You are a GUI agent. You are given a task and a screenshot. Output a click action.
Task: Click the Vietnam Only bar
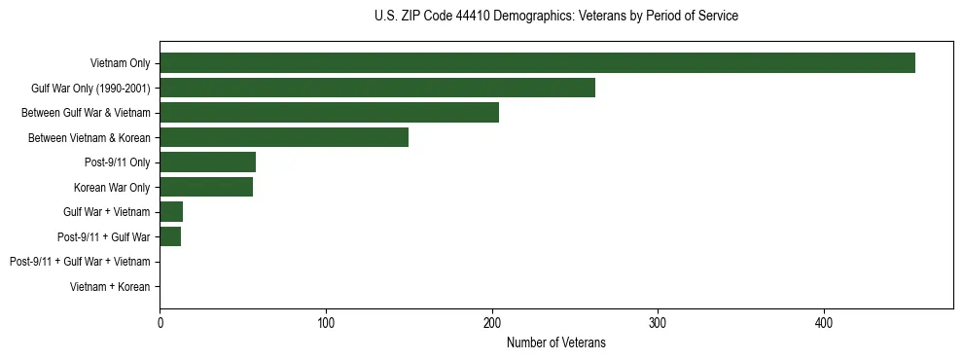[537, 63]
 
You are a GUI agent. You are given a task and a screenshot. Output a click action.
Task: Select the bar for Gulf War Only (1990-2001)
[377, 88]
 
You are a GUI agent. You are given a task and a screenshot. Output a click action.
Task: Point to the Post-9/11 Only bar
[207, 162]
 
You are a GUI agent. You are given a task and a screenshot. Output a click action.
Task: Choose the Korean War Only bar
[206, 187]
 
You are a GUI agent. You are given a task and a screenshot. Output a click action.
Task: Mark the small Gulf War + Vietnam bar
[171, 212]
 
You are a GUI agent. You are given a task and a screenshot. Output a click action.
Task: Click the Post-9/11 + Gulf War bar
[170, 236]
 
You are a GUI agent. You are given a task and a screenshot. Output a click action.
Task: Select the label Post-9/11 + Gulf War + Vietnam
[80, 262]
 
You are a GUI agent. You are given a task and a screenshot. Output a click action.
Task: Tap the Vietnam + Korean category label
[110, 287]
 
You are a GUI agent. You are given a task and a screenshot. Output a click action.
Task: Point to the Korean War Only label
[112, 187]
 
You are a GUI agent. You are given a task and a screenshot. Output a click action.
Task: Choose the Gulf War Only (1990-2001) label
[90, 89]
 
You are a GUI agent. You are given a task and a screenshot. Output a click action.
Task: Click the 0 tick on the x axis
[160, 323]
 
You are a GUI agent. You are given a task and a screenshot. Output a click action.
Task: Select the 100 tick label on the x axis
[326, 323]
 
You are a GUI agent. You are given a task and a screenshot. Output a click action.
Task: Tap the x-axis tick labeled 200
[492, 323]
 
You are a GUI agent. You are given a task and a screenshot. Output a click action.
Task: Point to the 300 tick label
[658, 323]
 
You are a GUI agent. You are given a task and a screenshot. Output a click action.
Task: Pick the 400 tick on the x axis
[824, 323]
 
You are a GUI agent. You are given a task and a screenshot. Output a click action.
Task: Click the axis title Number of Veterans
[555, 342]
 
